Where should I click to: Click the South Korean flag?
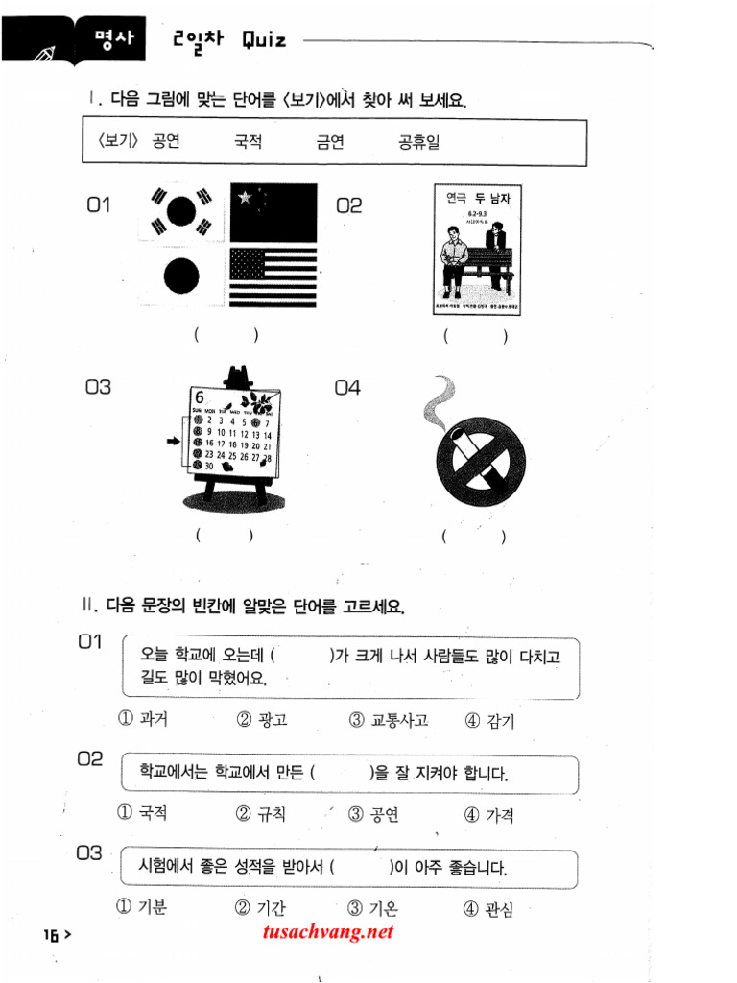tap(180, 212)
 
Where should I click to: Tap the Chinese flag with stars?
tap(273, 211)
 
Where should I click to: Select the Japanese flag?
tap(180, 276)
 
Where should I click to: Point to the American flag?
tap(273, 276)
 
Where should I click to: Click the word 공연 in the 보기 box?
tap(165, 142)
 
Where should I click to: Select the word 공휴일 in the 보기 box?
tap(419, 142)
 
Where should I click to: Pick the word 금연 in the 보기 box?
tap(330, 142)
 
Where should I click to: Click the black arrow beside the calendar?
tap(174, 441)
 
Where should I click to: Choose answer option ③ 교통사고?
tap(389, 720)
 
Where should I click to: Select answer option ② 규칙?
tap(261, 814)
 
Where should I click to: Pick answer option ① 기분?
tap(141, 906)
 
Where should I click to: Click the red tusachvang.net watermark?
tap(326, 931)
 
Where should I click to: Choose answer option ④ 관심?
tap(489, 908)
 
